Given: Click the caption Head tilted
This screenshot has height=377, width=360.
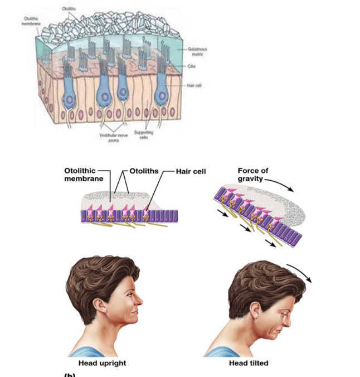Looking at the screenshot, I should pos(249,363).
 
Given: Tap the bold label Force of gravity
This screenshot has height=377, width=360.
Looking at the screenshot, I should pos(254,175).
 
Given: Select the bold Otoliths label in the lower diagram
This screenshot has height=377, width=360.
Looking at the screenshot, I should pos(143,171).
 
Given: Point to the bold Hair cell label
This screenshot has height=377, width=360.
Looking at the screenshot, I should pos(192,171).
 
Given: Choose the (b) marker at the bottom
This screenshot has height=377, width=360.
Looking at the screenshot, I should pos(70,375).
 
